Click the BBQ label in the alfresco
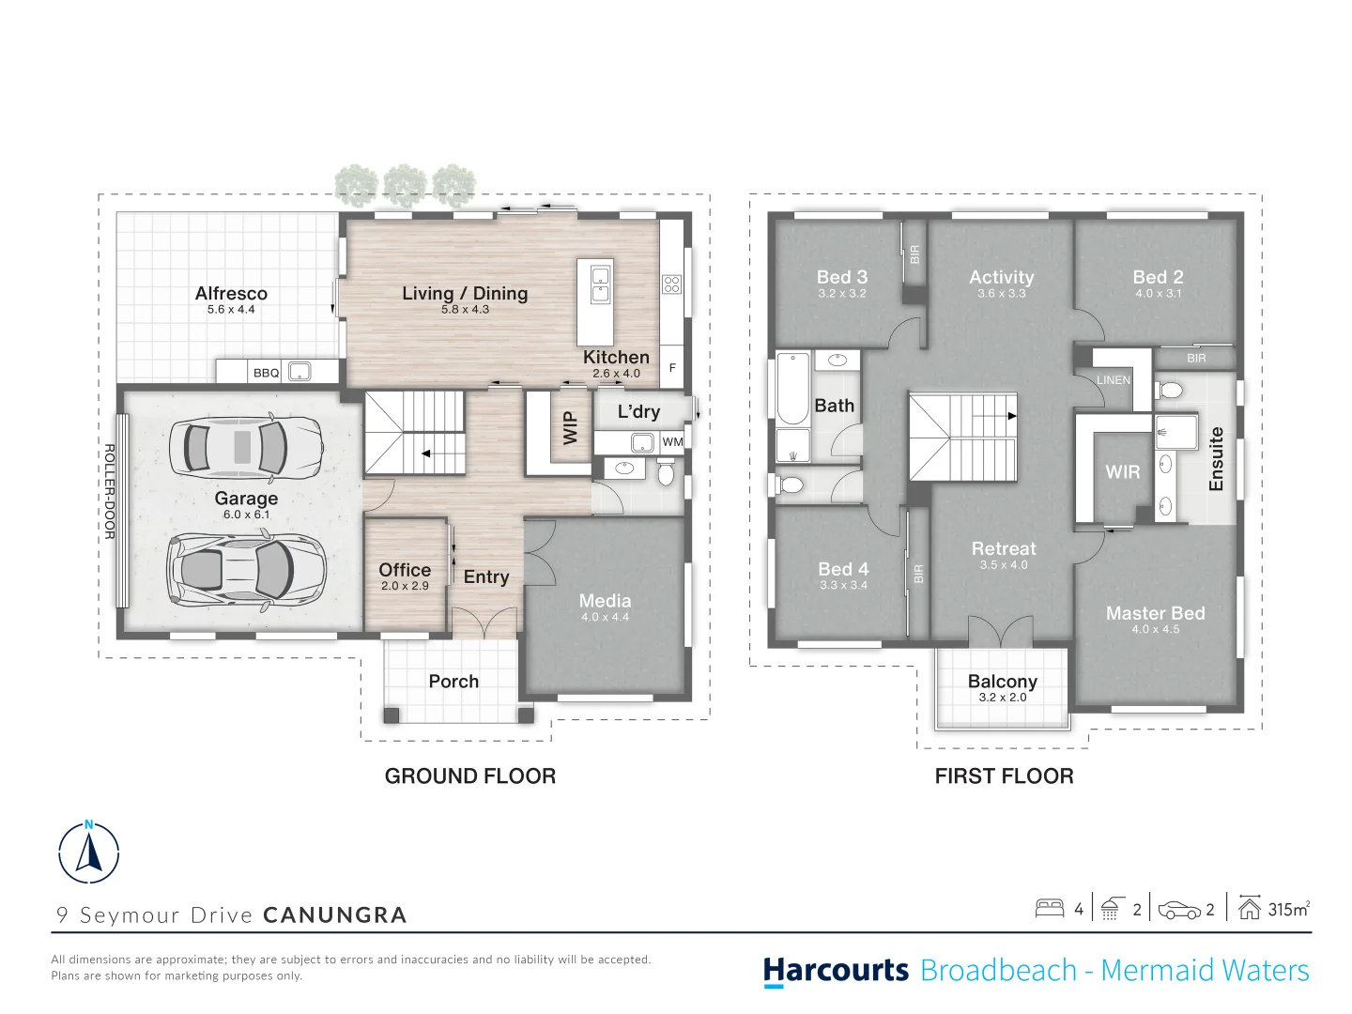(266, 373)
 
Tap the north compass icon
(88, 853)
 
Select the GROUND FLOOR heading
(470, 776)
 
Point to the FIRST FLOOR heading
(1004, 776)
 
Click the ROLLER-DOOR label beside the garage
(110, 492)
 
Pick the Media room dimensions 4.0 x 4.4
(605, 617)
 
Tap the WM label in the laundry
(672, 441)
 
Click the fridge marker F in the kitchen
(672, 367)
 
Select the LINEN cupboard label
(1113, 380)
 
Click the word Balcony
(1002, 681)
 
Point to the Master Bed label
(1155, 612)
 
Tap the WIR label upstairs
(1122, 472)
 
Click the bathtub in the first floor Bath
(792, 389)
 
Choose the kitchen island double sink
(600, 284)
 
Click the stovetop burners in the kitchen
(671, 284)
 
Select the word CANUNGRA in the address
(335, 914)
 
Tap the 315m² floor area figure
(1288, 909)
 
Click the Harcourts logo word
(836, 970)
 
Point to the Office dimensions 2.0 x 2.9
(405, 586)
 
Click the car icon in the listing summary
(1179, 910)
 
